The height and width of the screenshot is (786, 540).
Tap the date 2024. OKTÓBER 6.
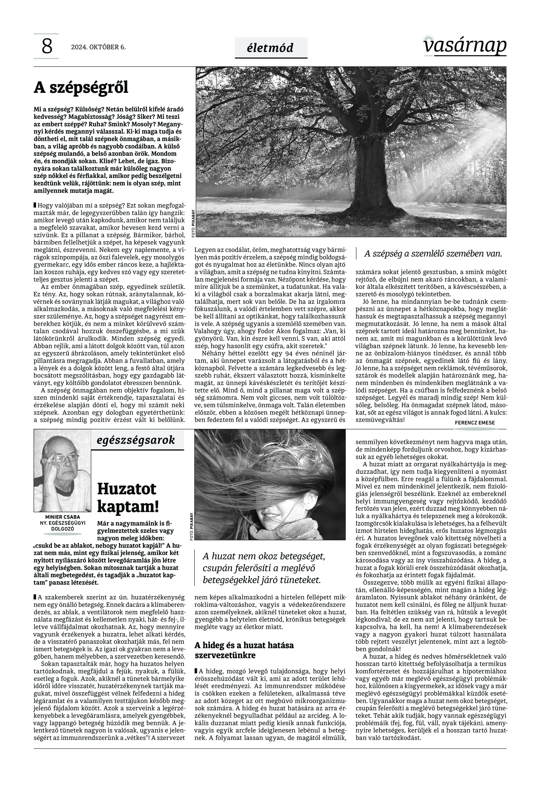pyautogui.click(x=98, y=47)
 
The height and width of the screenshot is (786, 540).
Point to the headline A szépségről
pyautogui.click(x=81, y=88)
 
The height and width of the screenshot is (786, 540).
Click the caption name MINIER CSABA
pyautogui.click(x=63, y=517)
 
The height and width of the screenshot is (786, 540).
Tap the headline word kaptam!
pyautogui.click(x=128, y=507)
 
